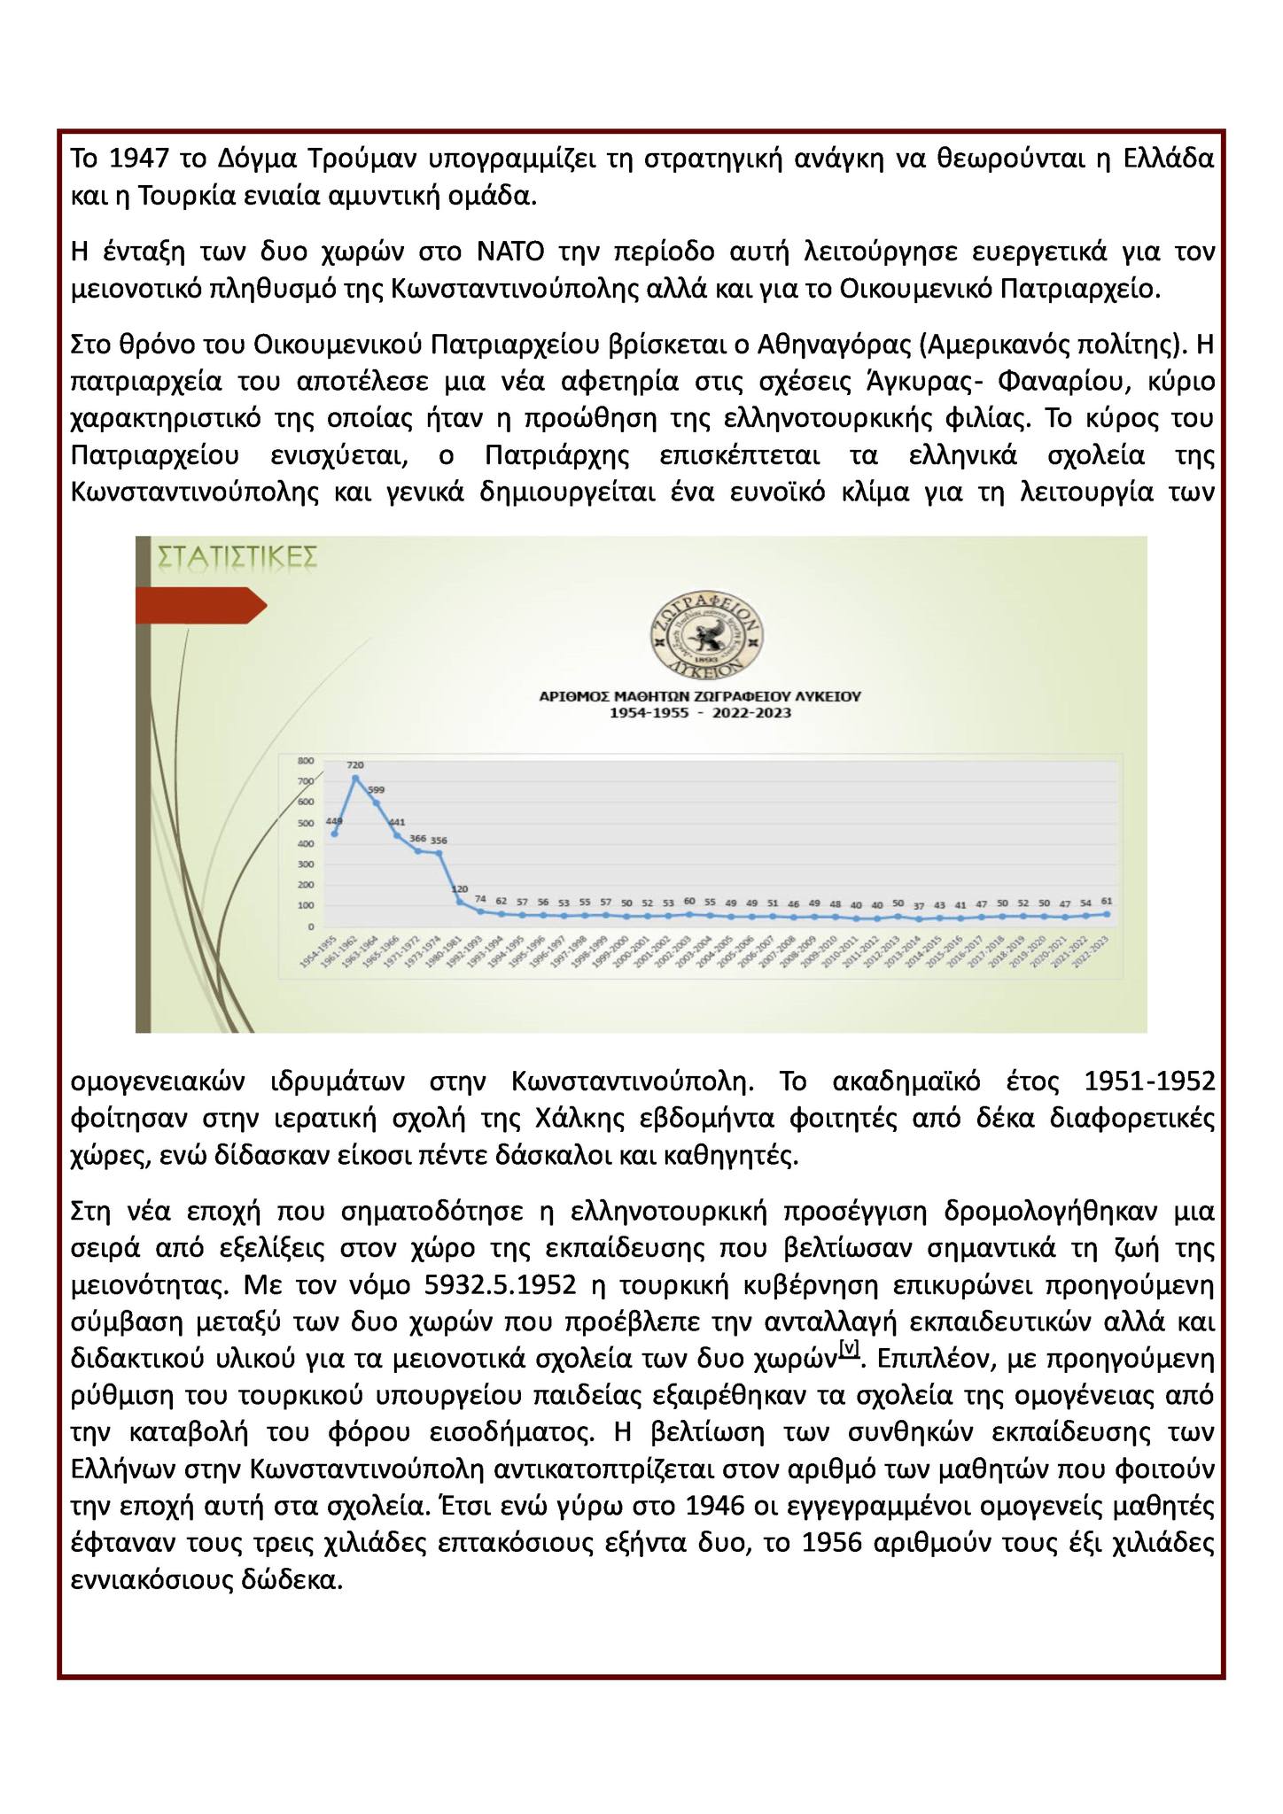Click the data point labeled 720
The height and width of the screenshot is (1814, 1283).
point(355,778)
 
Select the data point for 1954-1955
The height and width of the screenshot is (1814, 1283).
point(334,833)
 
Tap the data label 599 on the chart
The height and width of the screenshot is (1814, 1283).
point(376,789)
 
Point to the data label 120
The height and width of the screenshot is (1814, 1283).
point(460,888)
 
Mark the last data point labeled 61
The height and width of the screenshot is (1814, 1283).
point(1106,913)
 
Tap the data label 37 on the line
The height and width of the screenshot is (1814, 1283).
point(919,905)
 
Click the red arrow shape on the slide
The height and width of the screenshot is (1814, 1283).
point(200,605)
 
